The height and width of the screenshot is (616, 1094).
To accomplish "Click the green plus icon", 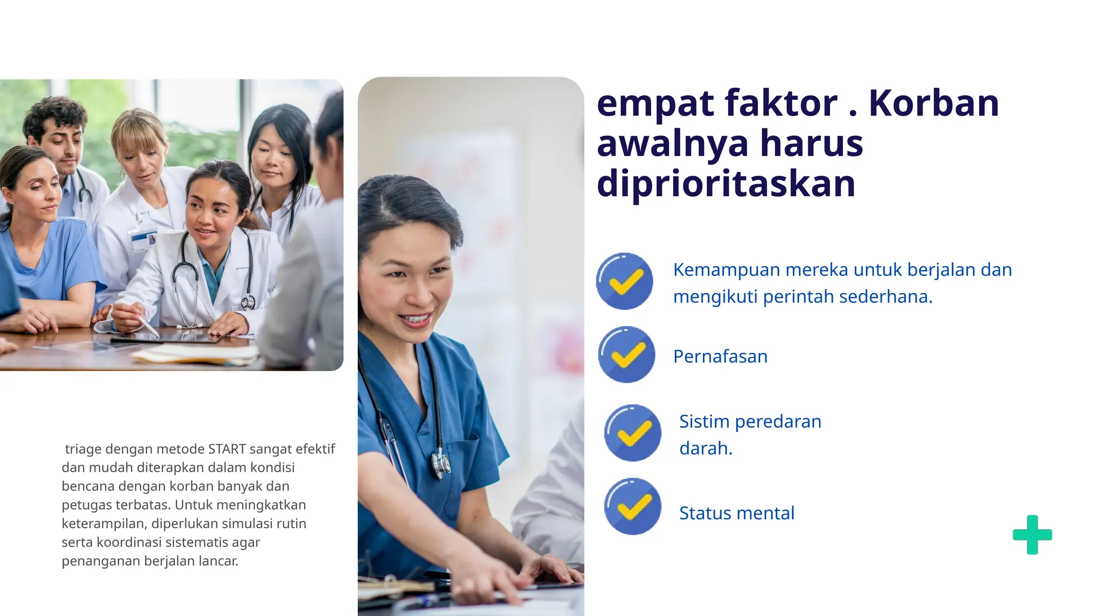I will click(1032, 534).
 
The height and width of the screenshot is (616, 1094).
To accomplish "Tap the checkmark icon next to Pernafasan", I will click(626, 355).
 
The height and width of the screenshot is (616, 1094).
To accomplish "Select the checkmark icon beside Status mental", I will click(632, 506).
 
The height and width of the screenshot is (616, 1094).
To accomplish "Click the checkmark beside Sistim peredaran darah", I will click(632, 433).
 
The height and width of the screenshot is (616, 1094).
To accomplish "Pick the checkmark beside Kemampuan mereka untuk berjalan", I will click(624, 281).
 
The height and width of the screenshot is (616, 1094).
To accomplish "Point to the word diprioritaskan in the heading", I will click(726, 183).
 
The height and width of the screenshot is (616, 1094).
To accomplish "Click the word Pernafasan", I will click(720, 356).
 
